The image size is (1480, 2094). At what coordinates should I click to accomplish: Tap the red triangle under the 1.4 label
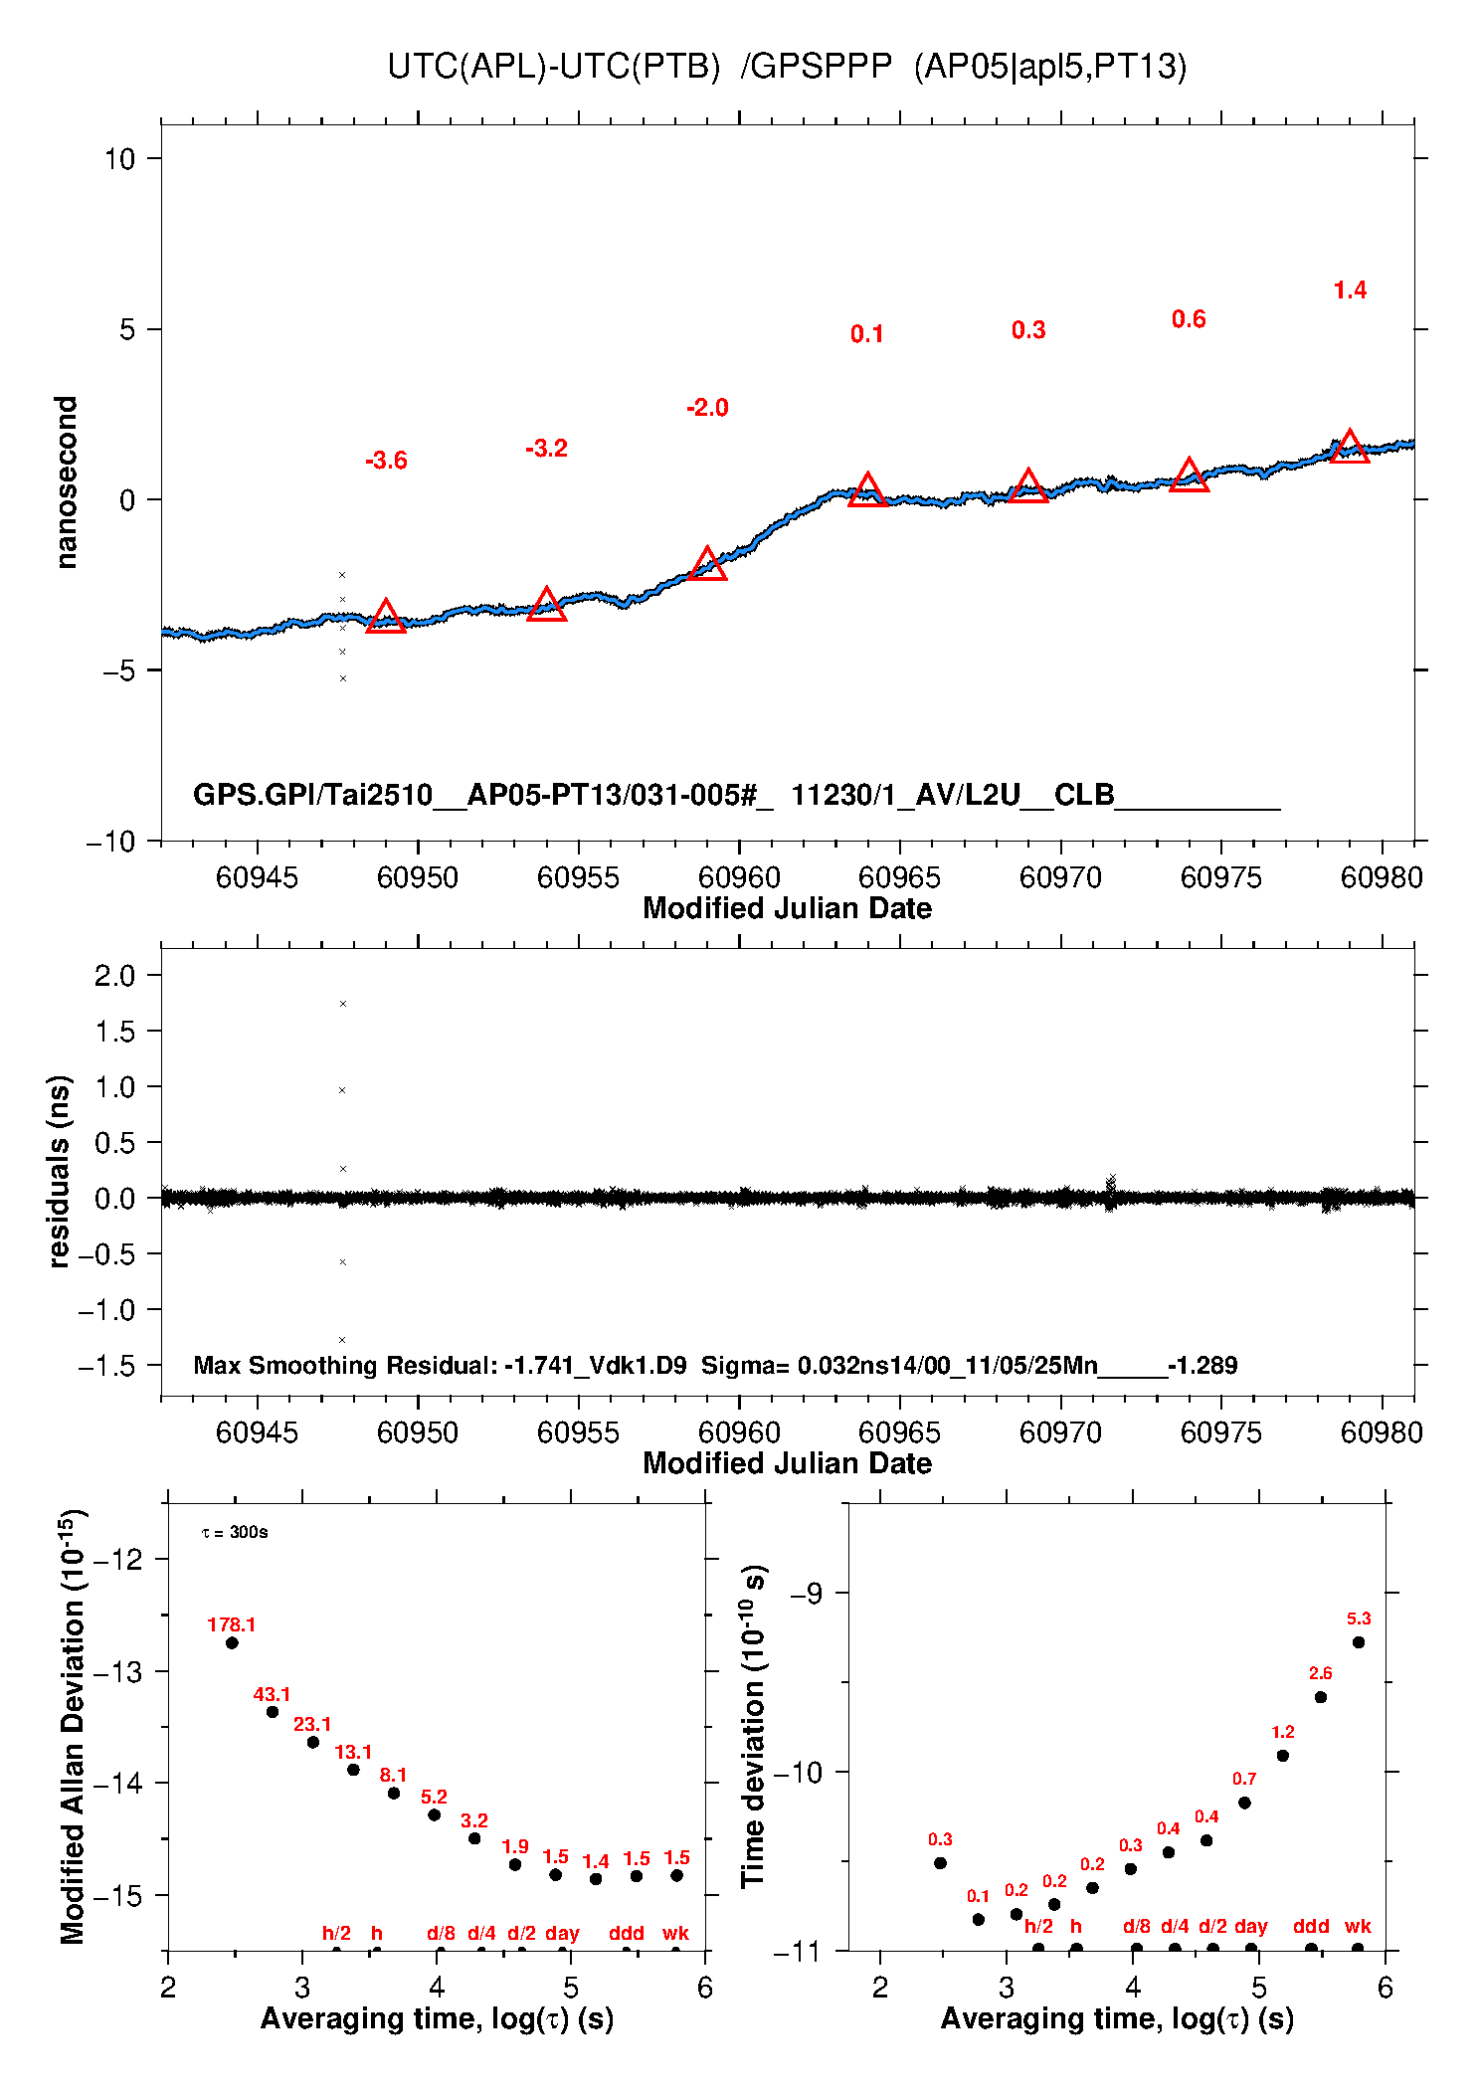[x=1350, y=449]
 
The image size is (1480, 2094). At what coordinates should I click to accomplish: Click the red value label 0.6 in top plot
[x=1189, y=319]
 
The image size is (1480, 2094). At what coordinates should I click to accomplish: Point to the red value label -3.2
[x=546, y=449]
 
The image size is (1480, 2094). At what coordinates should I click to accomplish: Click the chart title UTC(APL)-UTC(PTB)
[x=553, y=67]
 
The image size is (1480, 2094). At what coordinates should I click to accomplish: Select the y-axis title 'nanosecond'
[x=66, y=482]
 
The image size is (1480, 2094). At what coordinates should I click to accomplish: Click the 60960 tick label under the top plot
[x=739, y=877]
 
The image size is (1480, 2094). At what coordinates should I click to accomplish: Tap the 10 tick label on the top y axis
[x=119, y=158]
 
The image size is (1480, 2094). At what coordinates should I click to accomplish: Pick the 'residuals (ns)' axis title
[x=60, y=1171]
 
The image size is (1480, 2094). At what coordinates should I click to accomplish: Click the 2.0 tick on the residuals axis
[x=115, y=976]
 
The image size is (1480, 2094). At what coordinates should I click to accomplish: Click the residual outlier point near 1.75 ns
[x=343, y=1004]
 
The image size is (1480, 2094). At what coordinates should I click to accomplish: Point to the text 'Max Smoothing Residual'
[x=344, y=1365]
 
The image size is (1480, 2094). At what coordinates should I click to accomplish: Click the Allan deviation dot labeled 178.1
[x=232, y=1642]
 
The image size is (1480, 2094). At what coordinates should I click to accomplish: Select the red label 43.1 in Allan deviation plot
[x=272, y=1694]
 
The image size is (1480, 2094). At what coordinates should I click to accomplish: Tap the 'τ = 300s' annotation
[x=235, y=1532]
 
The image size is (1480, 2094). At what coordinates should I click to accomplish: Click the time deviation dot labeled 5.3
[x=1359, y=1642]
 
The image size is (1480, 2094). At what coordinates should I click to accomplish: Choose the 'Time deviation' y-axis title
[x=754, y=1727]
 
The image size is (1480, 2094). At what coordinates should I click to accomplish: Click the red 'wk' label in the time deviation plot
[x=1358, y=1926]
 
